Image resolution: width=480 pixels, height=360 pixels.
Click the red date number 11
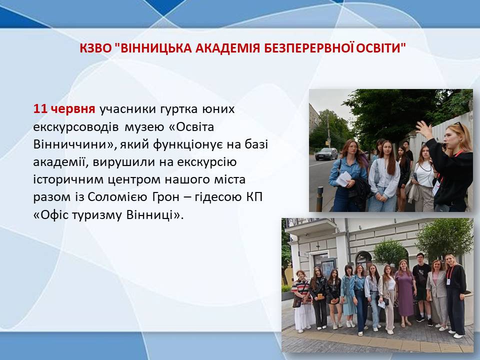[40, 109]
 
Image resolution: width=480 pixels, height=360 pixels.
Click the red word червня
[73, 109]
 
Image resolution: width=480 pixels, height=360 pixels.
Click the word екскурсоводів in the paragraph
[75, 127]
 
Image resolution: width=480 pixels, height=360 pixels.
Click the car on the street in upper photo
[326, 154]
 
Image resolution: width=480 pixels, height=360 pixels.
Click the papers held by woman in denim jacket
[344, 179]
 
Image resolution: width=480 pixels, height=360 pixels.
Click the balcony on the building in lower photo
[310, 227]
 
